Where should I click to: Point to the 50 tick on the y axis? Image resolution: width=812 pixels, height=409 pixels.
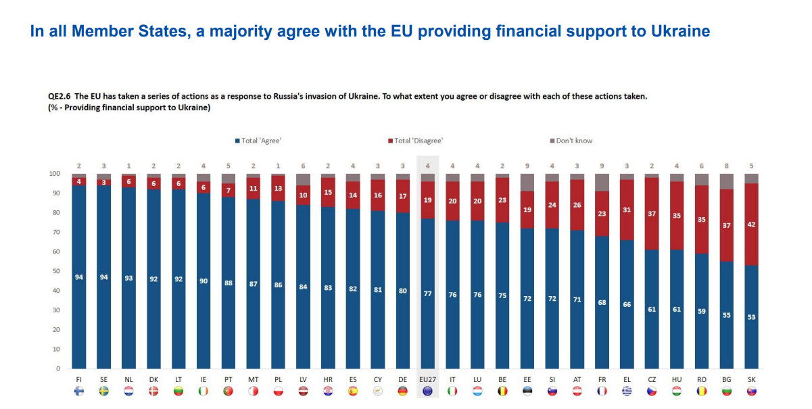(57, 271)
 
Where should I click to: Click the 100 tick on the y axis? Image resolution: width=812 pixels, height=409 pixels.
(55, 174)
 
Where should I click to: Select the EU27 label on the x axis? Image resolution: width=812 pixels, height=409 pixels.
(428, 380)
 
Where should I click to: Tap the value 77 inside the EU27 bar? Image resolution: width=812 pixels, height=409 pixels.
(428, 295)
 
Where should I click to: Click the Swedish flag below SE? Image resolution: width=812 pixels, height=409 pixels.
(104, 391)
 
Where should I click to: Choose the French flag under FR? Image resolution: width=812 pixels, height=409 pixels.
(602, 391)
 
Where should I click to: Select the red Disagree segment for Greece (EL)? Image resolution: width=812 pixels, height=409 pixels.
(627, 210)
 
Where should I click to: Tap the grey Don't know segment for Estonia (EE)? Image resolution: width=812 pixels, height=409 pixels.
(527, 183)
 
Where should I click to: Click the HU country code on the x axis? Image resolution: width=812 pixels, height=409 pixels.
(676, 380)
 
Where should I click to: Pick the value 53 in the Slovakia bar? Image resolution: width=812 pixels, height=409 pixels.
(751, 317)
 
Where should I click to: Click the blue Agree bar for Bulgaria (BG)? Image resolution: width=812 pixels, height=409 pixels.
(726, 314)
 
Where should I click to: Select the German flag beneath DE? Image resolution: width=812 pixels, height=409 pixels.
(403, 391)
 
